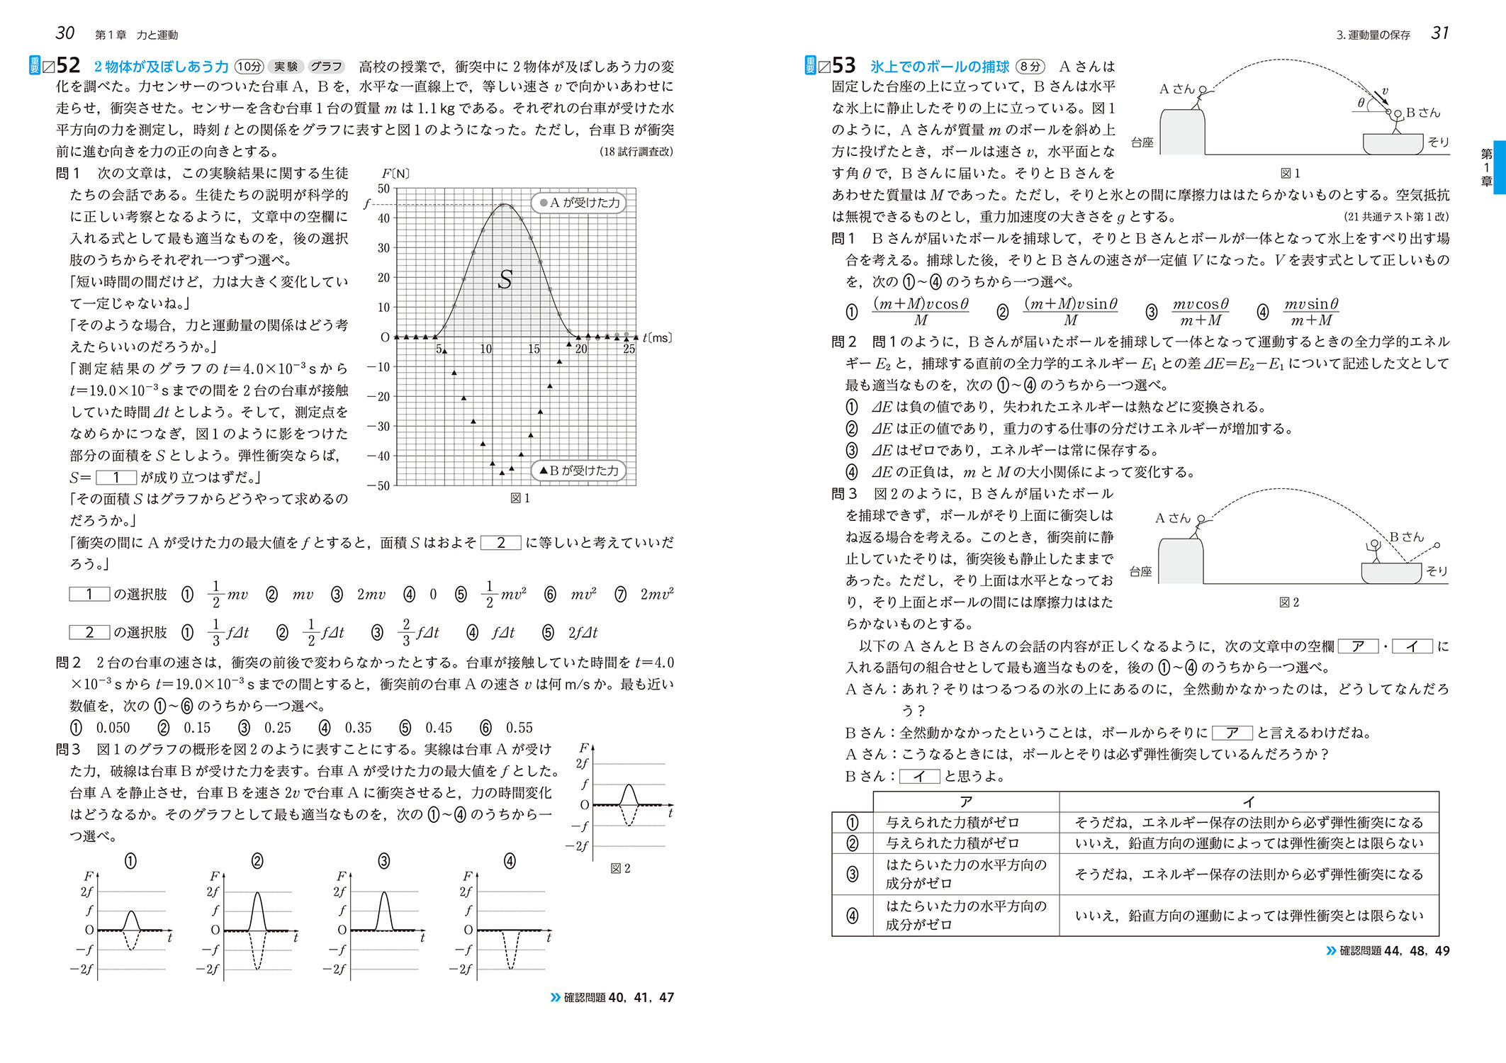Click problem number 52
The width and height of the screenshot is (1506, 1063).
coord(68,65)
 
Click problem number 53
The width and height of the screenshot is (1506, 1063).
coord(843,65)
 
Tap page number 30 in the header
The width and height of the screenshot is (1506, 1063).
coord(64,33)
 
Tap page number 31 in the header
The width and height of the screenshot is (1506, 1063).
coord(1439,33)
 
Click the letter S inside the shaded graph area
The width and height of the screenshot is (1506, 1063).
coord(505,280)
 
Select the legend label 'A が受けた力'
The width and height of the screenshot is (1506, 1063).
coord(579,203)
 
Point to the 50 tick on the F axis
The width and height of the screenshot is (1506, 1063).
coord(383,189)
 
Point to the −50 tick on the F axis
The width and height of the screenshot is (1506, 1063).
coord(380,485)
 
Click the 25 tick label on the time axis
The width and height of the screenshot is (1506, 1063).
coord(629,349)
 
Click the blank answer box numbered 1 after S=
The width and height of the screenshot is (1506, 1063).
coord(116,478)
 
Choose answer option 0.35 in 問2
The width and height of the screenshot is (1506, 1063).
coord(358,728)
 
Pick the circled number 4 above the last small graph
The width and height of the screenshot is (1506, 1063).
coord(510,861)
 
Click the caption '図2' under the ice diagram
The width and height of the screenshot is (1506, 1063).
coord(1288,602)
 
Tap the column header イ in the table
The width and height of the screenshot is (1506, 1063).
coord(1248,802)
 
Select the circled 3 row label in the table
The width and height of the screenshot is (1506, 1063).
coord(852,874)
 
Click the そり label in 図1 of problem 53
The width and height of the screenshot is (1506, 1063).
coord(1438,142)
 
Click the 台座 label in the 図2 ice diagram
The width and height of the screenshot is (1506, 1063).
coord(1140,571)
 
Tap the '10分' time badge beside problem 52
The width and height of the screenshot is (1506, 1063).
coord(249,67)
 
